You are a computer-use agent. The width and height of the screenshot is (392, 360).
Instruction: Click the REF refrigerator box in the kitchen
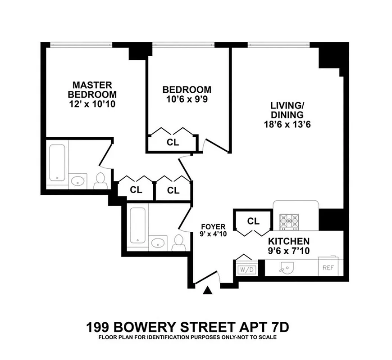(327, 267)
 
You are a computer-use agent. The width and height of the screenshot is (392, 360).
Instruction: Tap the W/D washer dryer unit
(246, 270)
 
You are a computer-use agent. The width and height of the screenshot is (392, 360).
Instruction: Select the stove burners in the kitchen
(289, 221)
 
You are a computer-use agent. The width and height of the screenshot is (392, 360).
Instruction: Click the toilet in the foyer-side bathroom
(178, 242)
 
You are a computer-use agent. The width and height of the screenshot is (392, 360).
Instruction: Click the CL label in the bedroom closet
(173, 143)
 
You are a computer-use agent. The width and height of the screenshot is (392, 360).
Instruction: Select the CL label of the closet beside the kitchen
(254, 221)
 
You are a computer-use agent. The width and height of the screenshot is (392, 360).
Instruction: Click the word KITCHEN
(289, 241)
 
